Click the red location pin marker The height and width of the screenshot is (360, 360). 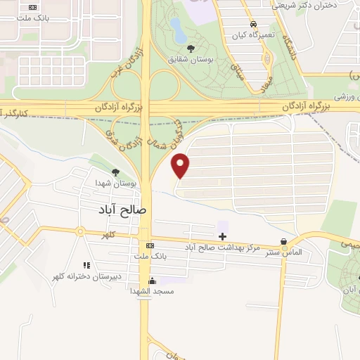(181, 165)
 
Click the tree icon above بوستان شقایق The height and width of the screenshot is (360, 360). (191, 49)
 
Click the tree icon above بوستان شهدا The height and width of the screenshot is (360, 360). (115, 172)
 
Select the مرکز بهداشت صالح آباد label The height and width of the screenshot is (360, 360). (222, 247)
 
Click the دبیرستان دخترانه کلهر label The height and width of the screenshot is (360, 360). (86, 276)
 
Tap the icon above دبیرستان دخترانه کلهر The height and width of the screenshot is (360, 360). (86, 265)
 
